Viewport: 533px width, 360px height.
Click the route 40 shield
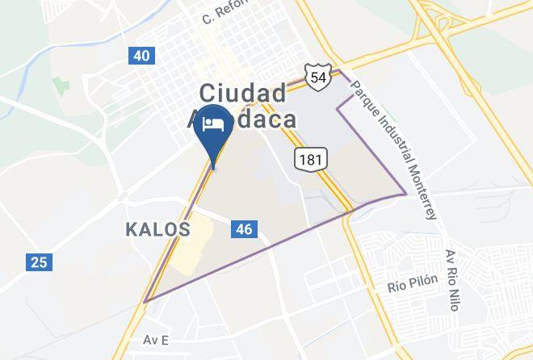point(141,56)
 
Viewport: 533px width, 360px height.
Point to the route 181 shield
point(310,159)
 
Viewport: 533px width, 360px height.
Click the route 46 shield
point(244,229)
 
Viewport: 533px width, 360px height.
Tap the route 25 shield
point(38,262)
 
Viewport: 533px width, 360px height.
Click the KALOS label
point(158,229)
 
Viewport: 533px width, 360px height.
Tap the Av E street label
point(155,340)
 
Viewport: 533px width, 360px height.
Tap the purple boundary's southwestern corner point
point(145,302)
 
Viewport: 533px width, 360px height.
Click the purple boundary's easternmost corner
point(405,194)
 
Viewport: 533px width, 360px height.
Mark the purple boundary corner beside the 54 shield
point(340,72)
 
